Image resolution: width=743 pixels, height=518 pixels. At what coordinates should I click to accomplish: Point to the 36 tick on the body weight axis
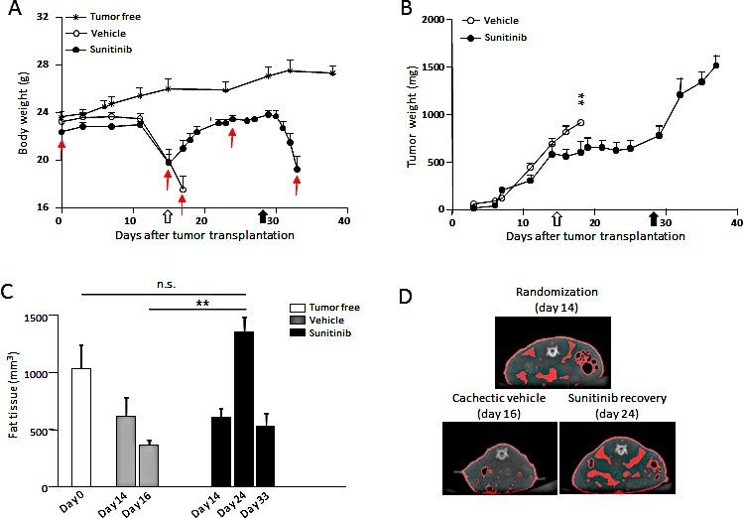[x=44, y=17]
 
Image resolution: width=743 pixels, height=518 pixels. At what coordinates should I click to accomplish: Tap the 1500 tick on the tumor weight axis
[x=430, y=66]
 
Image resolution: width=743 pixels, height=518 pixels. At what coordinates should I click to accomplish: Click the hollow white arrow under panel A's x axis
[x=167, y=216]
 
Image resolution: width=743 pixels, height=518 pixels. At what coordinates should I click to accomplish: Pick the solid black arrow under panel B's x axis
[x=654, y=217]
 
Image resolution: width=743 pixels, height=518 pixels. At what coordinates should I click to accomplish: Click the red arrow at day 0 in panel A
[x=62, y=148]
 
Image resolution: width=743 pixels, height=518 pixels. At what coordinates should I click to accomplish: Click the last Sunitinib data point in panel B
[x=715, y=65]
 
